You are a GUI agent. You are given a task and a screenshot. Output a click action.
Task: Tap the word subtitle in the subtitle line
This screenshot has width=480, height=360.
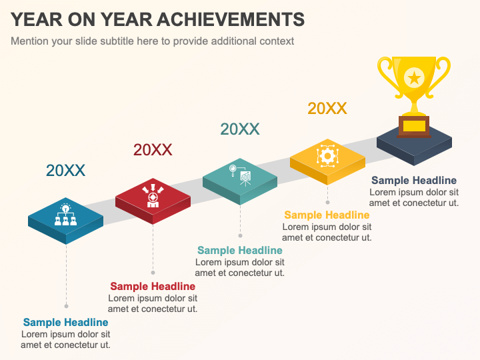133,41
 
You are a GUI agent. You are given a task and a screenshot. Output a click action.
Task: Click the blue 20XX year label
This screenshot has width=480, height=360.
65,171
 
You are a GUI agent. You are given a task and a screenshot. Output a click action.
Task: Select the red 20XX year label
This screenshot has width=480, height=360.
153,150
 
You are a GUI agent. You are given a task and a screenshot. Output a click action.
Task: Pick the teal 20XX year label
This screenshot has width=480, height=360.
240,129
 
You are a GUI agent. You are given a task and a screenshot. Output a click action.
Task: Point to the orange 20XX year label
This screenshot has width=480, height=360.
327,109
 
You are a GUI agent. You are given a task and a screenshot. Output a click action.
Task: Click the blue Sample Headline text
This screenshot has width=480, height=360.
65,323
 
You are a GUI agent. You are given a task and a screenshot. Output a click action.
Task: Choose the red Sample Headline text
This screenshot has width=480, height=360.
153,287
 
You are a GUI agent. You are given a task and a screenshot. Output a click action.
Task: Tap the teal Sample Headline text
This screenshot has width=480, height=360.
240,251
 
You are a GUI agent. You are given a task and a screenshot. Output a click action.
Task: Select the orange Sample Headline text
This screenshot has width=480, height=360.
327,215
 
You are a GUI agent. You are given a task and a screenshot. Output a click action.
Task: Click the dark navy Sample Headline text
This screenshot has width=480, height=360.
414,181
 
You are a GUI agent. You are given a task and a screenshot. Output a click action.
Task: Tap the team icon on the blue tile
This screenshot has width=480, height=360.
65,214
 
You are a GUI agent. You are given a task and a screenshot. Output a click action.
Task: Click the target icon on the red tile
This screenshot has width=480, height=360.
153,195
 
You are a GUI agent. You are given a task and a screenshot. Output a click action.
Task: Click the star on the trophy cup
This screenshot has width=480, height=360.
414,77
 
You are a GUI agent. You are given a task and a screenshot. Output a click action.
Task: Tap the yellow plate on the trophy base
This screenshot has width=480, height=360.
414,125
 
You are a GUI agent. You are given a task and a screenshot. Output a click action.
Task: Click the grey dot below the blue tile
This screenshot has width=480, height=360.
66,306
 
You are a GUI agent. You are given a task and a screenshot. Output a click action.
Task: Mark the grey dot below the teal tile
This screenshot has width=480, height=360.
240,235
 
